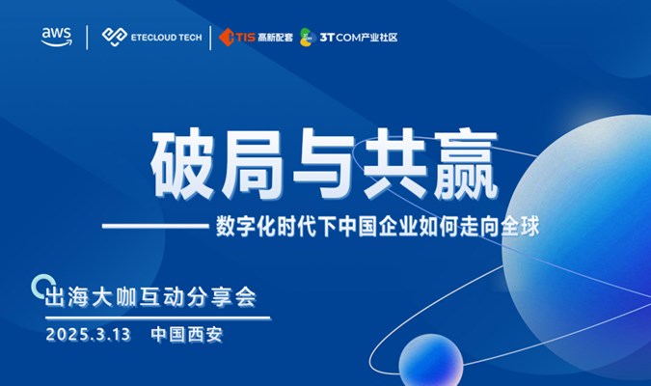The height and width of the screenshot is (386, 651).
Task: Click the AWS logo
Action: pyautogui.click(x=57, y=37)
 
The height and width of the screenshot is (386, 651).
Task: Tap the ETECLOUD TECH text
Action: pyautogui.click(x=167, y=38)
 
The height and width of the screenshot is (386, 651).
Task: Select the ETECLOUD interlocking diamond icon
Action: pyautogui.click(x=115, y=37)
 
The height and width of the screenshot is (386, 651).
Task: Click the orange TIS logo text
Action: pyautogui.click(x=245, y=38)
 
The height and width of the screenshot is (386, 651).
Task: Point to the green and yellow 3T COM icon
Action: pyautogui.click(x=307, y=38)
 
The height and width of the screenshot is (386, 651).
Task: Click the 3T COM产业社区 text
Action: pyautogui.click(x=359, y=38)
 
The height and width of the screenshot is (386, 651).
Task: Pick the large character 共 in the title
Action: pyautogui.click(x=394, y=165)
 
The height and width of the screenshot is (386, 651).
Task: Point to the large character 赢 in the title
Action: pyautogui.click(x=464, y=165)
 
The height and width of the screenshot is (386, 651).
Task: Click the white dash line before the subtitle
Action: pyautogui.click(x=155, y=227)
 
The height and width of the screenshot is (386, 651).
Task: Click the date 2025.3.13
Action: pyautogui.click(x=89, y=335)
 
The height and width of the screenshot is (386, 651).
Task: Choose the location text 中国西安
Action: pyautogui.click(x=187, y=335)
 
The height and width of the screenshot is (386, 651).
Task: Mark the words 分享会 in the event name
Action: pyautogui.click(x=222, y=297)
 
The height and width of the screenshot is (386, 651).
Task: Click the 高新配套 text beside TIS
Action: pyautogui.click(x=275, y=38)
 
